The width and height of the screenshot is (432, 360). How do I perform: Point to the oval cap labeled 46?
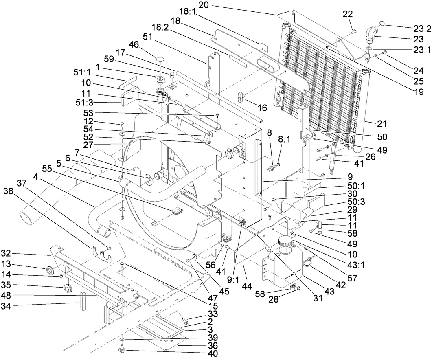pyautogui.click(x=159, y=61)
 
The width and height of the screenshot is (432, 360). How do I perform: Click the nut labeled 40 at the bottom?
pyautogui.click(x=121, y=350)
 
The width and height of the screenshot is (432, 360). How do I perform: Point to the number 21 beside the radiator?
pyautogui.click(x=382, y=123)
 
